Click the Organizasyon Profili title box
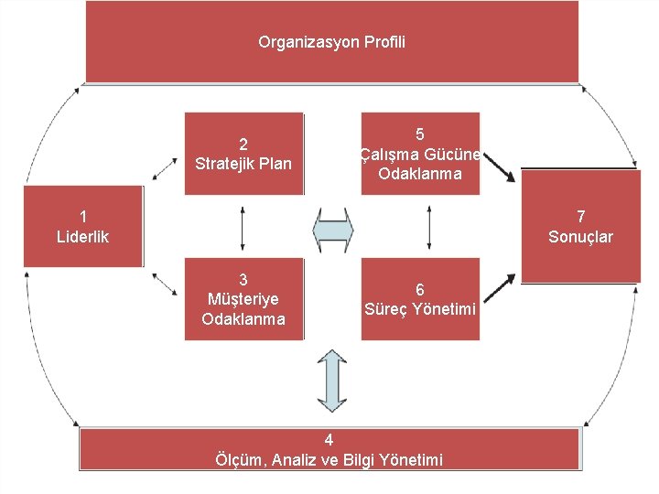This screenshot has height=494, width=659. [x=331, y=42]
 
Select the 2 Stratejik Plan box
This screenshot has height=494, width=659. [x=243, y=154]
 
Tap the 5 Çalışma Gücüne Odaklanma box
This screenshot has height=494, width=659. [x=420, y=154]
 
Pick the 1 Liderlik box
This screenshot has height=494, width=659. [x=83, y=226]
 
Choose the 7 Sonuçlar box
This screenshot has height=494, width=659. [x=580, y=226]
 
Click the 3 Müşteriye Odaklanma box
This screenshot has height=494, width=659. [x=243, y=299]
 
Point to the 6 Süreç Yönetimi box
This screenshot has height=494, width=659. [x=420, y=299]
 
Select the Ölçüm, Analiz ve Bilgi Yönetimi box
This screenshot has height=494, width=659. [x=329, y=449]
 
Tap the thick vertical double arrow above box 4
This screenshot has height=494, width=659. [x=331, y=380]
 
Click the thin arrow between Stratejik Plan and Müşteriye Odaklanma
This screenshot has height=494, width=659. [x=243, y=227]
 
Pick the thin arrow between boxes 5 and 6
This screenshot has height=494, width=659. [x=429, y=227]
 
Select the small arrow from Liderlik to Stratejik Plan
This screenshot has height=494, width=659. [x=166, y=168]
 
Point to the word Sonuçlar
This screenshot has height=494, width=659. [x=580, y=237]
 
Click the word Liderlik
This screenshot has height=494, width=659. [x=83, y=237]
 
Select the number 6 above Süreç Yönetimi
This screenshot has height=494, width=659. [x=420, y=289]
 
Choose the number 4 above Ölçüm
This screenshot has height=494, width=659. [x=329, y=440]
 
